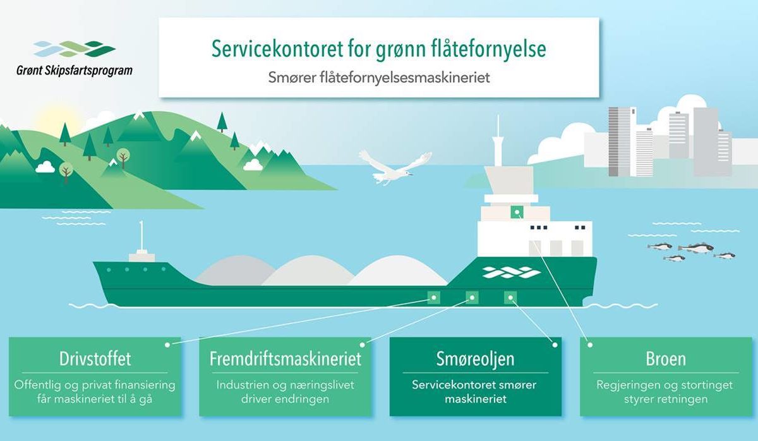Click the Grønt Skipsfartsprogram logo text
pos(75,70)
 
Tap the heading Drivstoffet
pos(95,358)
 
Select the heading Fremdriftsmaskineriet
pos(286,358)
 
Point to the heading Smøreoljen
pos(475,359)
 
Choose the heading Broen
pos(666,359)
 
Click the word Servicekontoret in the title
pos(277,49)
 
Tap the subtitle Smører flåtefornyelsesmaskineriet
pos(379,78)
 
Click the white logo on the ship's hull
pos(511,272)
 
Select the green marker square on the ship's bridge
pos(517,212)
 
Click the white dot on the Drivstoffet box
pos(167,345)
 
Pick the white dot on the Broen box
pos(590,345)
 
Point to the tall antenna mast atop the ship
pos(498,140)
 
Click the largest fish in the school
pos(695,248)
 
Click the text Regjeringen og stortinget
pos(665,385)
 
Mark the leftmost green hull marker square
pos(434,298)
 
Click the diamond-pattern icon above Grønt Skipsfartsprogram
pos(75,49)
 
